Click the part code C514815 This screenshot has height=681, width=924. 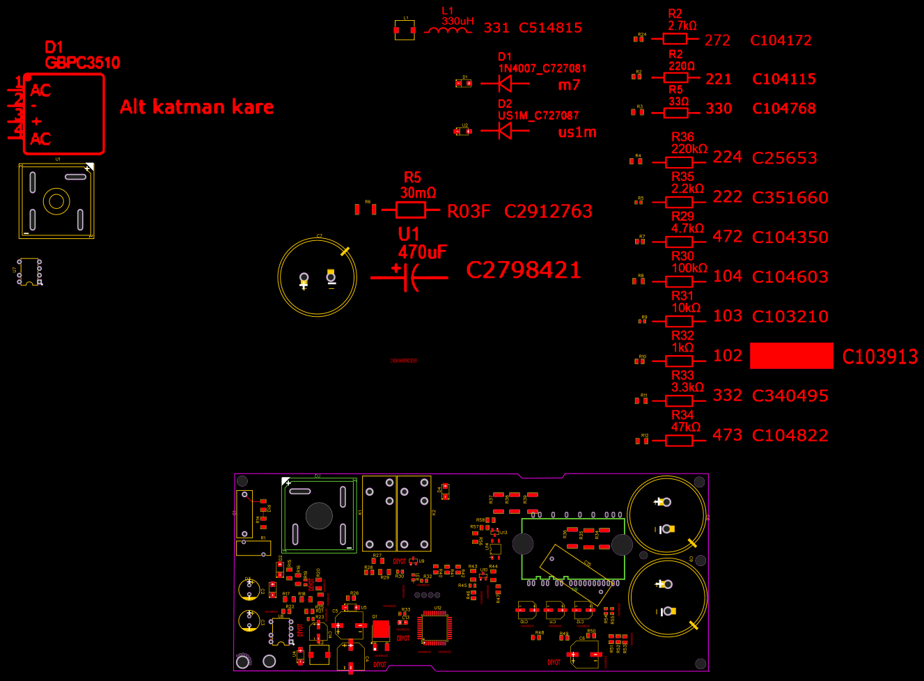pyautogui.click(x=550, y=28)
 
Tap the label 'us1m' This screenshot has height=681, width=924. pyautogui.click(x=577, y=132)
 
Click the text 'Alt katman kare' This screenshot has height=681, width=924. pyautogui.click(x=196, y=107)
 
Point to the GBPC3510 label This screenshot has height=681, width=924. pyautogui.click(x=82, y=63)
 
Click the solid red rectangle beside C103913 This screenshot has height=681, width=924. pyautogui.click(x=791, y=355)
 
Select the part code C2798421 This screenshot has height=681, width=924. pyautogui.click(x=523, y=270)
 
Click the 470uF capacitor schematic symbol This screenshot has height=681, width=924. pyautogui.click(x=410, y=278)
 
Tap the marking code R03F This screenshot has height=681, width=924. pyautogui.click(x=469, y=211)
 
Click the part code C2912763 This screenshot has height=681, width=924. pyautogui.click(x=548, y=211)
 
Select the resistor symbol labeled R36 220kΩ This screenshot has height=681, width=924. pyautogui.click(x=679, y=162)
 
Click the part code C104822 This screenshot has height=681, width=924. pyautogui.click(x=790, y=435)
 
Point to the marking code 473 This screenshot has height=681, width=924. pyautogui.click(x=727, y=435)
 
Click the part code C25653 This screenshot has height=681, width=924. pyautogui.click(x=785, y=158)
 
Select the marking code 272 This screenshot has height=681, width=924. pyautogui.click(x=717, y=40)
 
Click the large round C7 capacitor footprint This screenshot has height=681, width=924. pyautogui.click(x=318, y=277)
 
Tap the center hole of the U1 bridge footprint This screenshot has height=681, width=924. pyautogui.click(x=56, y=202)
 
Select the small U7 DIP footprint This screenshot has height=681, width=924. pyautogui.click(x=29, y=272)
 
